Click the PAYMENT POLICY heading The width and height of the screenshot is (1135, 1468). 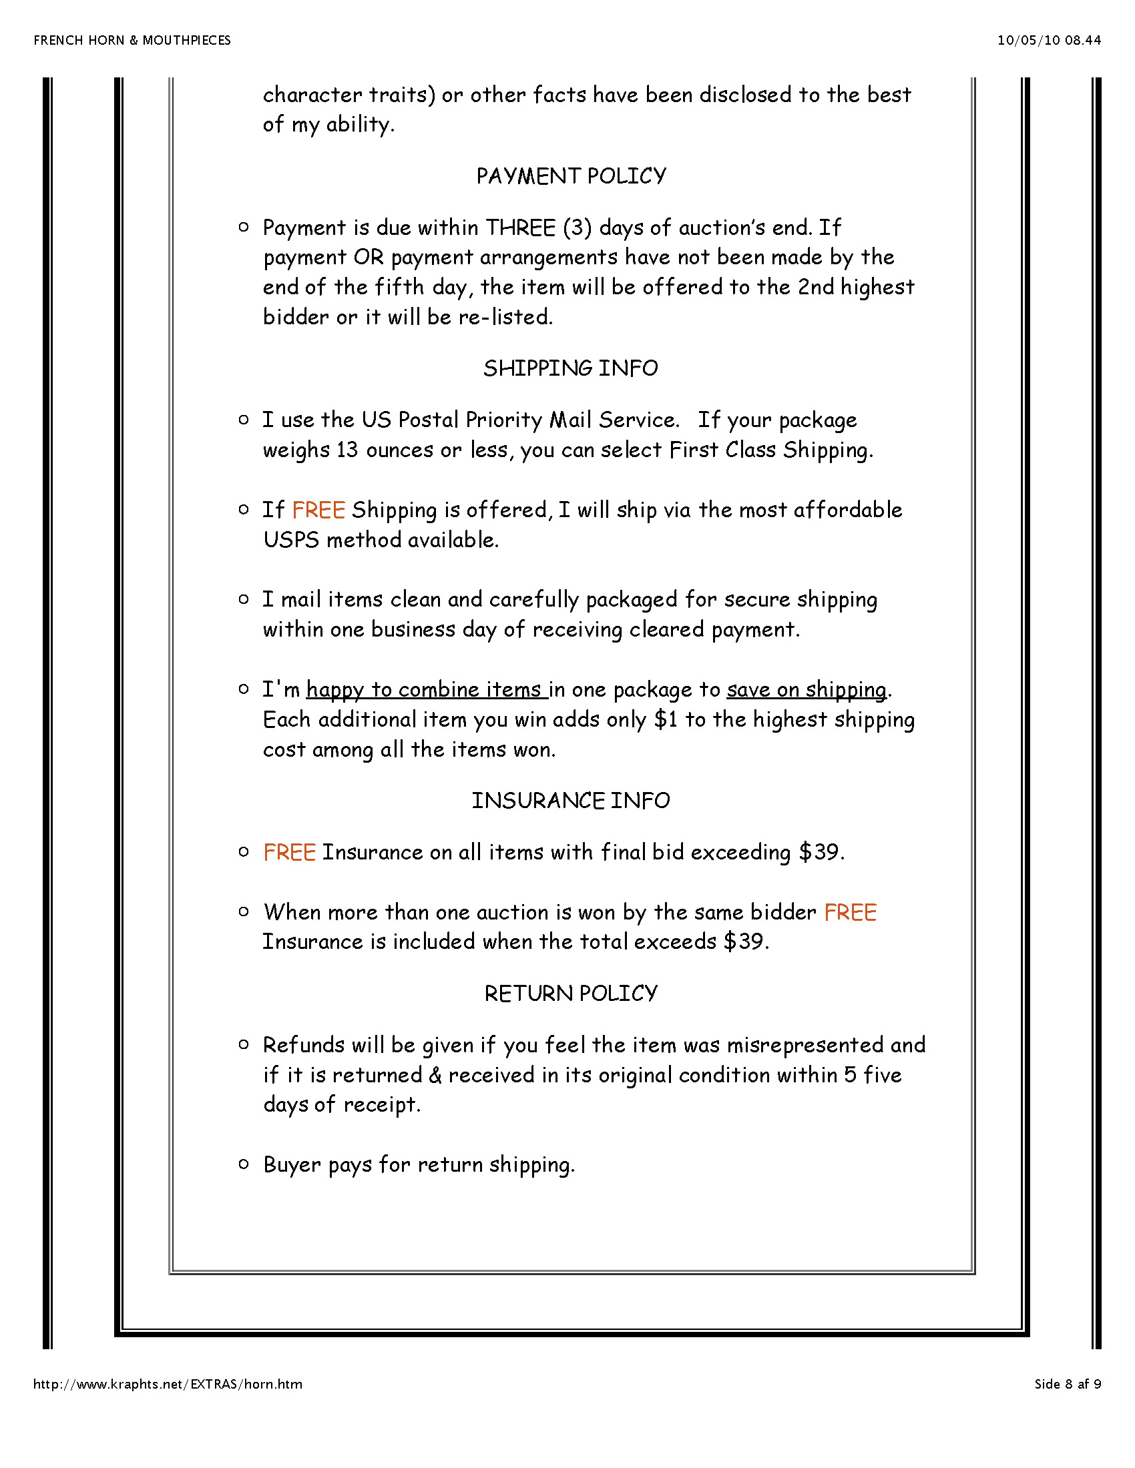571,176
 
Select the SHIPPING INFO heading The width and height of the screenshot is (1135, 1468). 570,368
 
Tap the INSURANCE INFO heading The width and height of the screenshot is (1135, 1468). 570,801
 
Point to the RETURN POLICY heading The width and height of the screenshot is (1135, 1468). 570,994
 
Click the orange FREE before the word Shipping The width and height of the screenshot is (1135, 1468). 318,510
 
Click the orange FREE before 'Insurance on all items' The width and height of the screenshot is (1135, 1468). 289,852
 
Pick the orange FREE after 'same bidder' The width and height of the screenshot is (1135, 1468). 850,912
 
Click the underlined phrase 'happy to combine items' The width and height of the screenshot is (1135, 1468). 427,690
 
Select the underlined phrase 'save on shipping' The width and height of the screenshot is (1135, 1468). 807,690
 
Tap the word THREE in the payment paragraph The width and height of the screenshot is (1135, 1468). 521,228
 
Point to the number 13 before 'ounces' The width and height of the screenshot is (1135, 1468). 347,450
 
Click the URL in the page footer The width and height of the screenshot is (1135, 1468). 168,1384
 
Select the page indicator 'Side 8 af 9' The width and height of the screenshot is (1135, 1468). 1067,1384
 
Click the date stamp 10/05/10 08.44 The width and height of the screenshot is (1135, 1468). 1048,40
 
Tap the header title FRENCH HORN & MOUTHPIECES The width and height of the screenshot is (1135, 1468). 132,40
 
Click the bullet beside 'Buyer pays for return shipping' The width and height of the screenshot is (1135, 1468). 244,1164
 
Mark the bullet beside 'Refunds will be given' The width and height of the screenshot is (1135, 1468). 244,1044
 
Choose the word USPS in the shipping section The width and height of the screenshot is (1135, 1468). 291,540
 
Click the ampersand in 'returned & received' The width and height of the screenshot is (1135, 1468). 435,1076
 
